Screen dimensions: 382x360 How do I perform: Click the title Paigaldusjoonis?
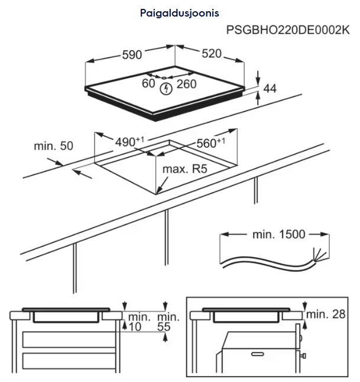pos(180,12)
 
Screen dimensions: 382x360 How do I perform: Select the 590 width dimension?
pos(132,54)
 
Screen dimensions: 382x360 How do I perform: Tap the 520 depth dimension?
pos(211,54)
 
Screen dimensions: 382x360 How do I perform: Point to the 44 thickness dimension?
pos(270,89)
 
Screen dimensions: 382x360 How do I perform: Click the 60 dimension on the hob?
pos(148,84)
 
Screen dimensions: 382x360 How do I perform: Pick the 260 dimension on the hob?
pos(186,84)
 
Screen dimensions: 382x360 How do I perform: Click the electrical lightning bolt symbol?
pos(167,89)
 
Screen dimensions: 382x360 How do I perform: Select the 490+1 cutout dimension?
pos(129,142)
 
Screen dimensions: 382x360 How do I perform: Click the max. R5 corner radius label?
pos(184,170)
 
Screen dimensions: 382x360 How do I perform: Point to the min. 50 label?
pos(53,145)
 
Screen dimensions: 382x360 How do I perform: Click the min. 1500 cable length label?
pos(279,234)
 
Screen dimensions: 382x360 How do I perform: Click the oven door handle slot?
pos(258,353)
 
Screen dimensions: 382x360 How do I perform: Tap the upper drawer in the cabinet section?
pos(65,339)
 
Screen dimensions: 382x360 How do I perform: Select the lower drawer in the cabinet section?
pos(65,361)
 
